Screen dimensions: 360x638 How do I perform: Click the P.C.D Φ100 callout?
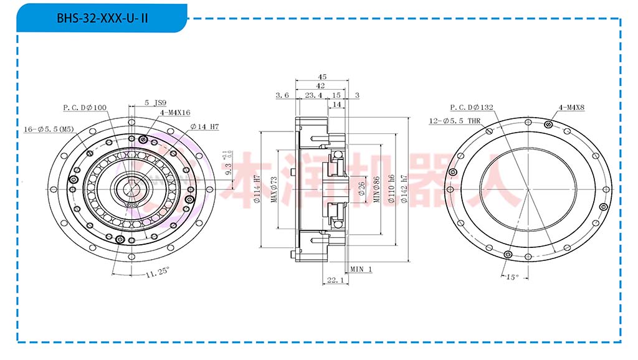point(85,108)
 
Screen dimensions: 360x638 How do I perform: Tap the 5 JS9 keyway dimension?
point(155,102)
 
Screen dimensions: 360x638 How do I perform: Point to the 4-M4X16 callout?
point(175,113)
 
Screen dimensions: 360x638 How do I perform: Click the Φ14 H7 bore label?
point(204,126)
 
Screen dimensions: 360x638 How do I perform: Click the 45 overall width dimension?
point(322,77)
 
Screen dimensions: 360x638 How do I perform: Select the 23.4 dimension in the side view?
point(313,95)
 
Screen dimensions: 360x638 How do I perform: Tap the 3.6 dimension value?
point(282,95)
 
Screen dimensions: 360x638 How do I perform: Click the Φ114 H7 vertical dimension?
point(257,189)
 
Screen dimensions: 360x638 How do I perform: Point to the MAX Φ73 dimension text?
point(274,189)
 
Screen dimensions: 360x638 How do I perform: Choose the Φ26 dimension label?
point(362,185)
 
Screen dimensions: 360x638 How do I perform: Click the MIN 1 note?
point(361,269)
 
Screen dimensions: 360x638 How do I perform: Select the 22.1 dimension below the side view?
point(335,281)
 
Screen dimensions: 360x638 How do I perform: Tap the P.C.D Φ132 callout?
point(472,108)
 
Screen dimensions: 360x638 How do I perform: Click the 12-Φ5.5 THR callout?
point(455,121)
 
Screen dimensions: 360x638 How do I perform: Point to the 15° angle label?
point(512,278)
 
